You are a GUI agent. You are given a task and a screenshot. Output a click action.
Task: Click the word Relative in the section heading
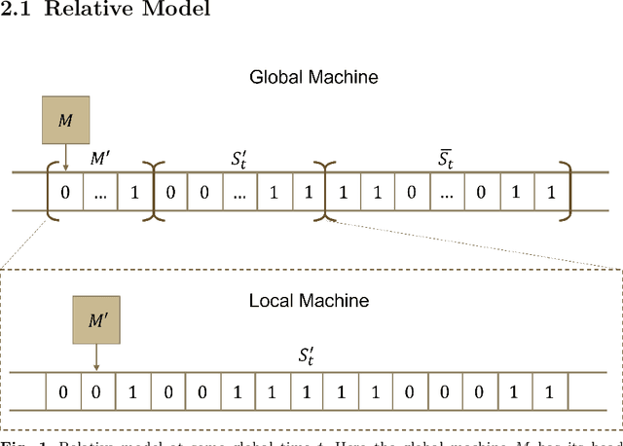(82, 11)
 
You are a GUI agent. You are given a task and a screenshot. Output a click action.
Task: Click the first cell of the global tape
(65, 193)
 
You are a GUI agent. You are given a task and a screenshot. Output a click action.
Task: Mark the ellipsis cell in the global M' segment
(99, 193)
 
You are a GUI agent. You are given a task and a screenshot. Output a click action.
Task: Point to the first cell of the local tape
(62, 392)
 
